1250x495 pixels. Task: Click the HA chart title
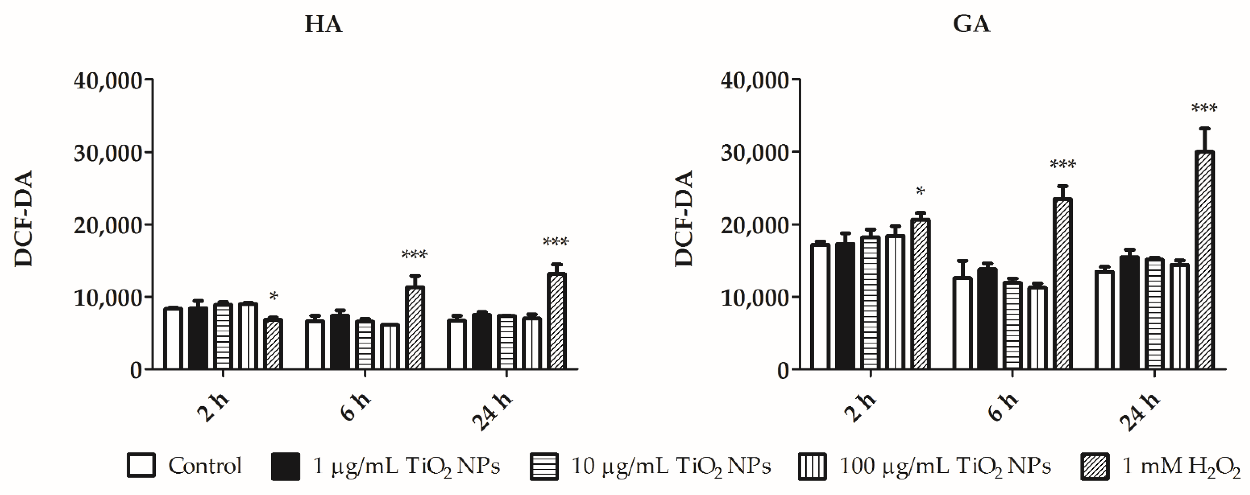click(323, 25)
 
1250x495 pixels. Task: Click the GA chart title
click(971, 25)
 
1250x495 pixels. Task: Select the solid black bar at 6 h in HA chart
click(340, 342)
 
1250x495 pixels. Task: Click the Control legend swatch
click(141, 466)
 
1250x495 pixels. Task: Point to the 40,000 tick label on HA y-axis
click(108, 81)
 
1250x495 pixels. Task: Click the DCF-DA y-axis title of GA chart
click(684, 218)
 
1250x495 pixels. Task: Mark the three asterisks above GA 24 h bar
click(1204, 108)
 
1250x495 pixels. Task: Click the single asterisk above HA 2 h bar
click(274, 296)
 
